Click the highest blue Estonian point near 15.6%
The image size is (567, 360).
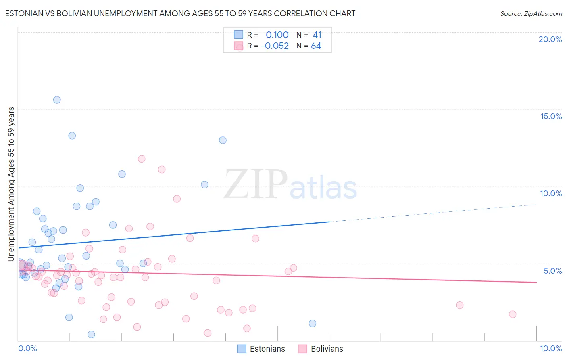pyautogui.click(x=57, y=100)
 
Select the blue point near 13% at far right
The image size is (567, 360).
pyautogui.click(x=223, y=140)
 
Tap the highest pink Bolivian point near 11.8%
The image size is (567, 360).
pyautogui.click(x=142, y=159)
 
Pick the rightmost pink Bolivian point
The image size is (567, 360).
pyautogui.click(x=513, y=314)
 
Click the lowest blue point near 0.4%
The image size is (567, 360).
pyautogui.click(x=91, y=335)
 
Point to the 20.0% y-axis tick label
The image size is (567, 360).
pyautogui.click(x=550, y=39)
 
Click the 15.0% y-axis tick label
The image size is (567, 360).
pyautogui.click(x=551, y=116)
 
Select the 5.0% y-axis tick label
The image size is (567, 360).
pyautogui.click(x=552, y=271)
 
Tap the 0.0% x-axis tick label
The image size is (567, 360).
pyautogui.click(x=27, y=348)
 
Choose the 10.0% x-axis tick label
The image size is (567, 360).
pyautogui.click(x=550, y=348)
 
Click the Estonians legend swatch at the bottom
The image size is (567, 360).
pyautogui.click(x=242, y=349)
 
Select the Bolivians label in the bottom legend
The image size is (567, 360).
pyautogui.click(x=327, y=349)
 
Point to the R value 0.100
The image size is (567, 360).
pyautogui.click(x=277, y=35)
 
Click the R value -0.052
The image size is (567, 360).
pyautogui.click(x=275, y=46)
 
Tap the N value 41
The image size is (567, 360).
pyautogui.click(x=317, y=35)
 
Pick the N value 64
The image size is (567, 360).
pyautogui.click(x=316, y=46)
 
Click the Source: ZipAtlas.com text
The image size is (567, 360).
pyautogui.click(x=531, y=13)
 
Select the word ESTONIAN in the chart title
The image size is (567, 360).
pyautogui.click(x=24, y=13)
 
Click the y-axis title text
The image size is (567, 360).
pyautogui.click(x=11, y=184)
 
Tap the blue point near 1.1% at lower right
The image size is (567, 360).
pyautogui.click(x=313, y=323)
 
